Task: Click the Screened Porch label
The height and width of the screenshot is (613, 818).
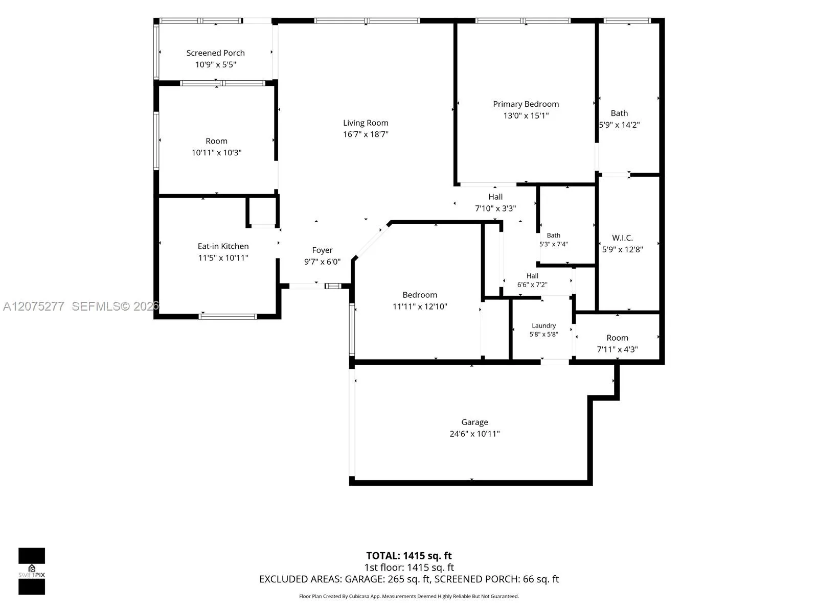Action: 215,53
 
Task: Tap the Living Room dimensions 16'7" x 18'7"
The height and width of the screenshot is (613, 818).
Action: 366,134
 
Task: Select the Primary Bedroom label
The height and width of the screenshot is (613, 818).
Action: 526,104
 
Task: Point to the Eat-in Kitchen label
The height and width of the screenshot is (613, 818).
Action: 223,246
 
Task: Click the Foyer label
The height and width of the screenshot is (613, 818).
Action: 323,250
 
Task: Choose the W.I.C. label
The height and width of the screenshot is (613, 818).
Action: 622,238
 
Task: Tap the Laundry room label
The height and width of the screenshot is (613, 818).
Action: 544,326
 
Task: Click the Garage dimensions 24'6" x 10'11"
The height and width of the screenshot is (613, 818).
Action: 474,434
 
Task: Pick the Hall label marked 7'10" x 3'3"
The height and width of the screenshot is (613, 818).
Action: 495,197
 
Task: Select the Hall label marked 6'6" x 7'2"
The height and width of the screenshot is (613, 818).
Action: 532,276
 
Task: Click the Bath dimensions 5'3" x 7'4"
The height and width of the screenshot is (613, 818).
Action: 553,244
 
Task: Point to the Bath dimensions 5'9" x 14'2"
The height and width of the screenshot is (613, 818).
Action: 619,125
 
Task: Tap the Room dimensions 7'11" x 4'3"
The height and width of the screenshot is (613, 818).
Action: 617,349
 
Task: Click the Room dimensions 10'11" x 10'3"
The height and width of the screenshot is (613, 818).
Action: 217,153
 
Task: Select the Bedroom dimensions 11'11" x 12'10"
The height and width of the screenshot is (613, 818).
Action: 420,306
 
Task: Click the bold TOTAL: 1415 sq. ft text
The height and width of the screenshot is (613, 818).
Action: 409,556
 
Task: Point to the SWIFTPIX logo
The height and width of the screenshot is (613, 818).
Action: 32,571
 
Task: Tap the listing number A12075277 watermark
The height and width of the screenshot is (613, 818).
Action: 34,306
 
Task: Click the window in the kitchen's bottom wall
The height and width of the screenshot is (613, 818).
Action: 228,317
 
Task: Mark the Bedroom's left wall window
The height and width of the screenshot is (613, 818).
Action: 352,329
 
